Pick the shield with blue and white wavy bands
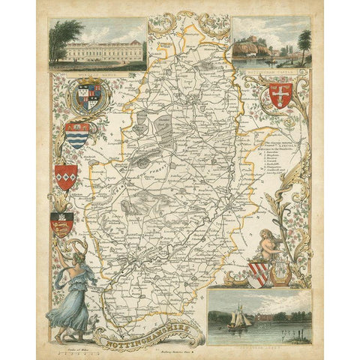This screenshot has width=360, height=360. pos(77,135)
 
